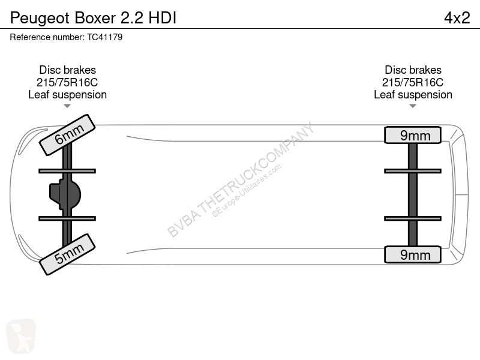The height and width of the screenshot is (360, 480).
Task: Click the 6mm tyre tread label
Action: coord(67,135)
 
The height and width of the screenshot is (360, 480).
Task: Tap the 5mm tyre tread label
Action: coord(67,254)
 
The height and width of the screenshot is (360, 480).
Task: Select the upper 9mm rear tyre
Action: coord(413,135)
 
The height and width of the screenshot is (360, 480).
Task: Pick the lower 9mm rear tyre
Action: coord(413,254)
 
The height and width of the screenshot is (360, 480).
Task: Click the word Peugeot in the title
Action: coord(40,19)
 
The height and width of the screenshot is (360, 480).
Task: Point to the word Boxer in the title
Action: coord(95,18)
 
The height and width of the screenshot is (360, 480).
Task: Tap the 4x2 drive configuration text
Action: coord(457,18)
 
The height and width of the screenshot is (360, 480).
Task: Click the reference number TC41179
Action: coord(104,37)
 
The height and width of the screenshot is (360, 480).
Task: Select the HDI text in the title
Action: coord(163,18)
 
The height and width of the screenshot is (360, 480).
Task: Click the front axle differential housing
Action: coord(65,194)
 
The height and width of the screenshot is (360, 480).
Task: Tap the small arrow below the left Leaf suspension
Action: coord(67,106)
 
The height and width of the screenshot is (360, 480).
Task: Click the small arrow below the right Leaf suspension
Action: coord(413,106)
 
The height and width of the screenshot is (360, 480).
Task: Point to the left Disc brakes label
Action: coord(67,70)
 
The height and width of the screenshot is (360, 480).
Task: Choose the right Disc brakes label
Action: coord(413,70)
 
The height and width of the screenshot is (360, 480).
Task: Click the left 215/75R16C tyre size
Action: coord(67,82)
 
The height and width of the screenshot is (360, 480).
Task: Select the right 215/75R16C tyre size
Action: coord(413,82)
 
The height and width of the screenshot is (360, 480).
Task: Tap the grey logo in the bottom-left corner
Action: coord(21,336)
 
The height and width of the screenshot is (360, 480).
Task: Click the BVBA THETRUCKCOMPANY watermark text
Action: coord(241,180)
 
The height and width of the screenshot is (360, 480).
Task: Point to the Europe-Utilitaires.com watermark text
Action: coord(247,191)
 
